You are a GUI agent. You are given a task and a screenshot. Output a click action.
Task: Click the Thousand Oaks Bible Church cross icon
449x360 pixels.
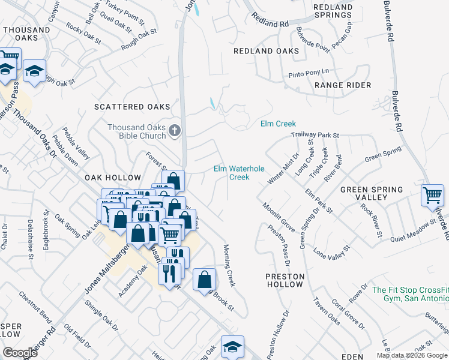[175, 131]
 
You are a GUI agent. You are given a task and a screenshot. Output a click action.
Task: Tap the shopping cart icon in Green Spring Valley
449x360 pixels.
[432, 195]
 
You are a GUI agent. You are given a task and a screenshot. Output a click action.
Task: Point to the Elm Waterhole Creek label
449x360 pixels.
[239, 173]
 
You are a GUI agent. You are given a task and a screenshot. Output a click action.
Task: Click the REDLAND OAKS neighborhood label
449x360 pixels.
[267, 51]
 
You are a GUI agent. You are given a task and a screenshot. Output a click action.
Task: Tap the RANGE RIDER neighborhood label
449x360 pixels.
[343, 85]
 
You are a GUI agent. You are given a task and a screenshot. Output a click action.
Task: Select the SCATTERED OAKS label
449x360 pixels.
[132, 107]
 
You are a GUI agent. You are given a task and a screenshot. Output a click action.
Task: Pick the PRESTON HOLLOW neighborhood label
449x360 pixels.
[285, 280]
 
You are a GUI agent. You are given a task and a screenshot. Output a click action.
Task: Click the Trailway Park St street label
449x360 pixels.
[316, 136]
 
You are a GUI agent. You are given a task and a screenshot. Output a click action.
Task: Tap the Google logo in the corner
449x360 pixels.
[20, 352]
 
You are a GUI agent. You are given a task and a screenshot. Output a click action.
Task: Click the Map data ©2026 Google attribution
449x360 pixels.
[412, 355]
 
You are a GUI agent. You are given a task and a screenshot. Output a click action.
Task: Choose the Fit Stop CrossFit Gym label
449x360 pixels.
[410, 294]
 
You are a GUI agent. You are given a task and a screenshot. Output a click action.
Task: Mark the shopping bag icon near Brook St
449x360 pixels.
[205, 279]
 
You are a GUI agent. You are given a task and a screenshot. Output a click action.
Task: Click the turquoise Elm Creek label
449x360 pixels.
[278, 124]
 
